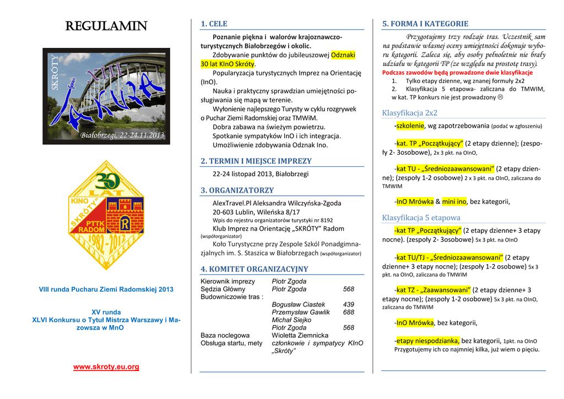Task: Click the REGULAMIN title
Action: pos(106,26)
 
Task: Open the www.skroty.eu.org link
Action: pos(106,367)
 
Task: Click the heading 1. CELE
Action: pos(214,24)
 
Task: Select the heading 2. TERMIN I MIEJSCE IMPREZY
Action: pos(256,161)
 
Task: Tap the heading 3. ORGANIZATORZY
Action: pos(237,190)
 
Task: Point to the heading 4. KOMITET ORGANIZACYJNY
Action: pos(254,269)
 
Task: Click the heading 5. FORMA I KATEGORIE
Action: pos(425,24)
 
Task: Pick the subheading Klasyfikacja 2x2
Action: pos(409,113)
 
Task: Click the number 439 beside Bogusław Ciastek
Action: pos(349,304)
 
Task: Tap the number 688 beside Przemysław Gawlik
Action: pos(349,312)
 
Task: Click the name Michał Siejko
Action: pos(291,320)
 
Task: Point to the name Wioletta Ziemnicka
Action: pos(300,335)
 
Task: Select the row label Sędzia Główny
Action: pos(223,289)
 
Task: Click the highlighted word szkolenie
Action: pos(410,125)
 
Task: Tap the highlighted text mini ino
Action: pos(454,201)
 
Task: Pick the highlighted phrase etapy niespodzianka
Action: pos(427,341)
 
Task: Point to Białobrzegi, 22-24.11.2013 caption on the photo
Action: pos(122,135)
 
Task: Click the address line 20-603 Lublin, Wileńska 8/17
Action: pos(256,211)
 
